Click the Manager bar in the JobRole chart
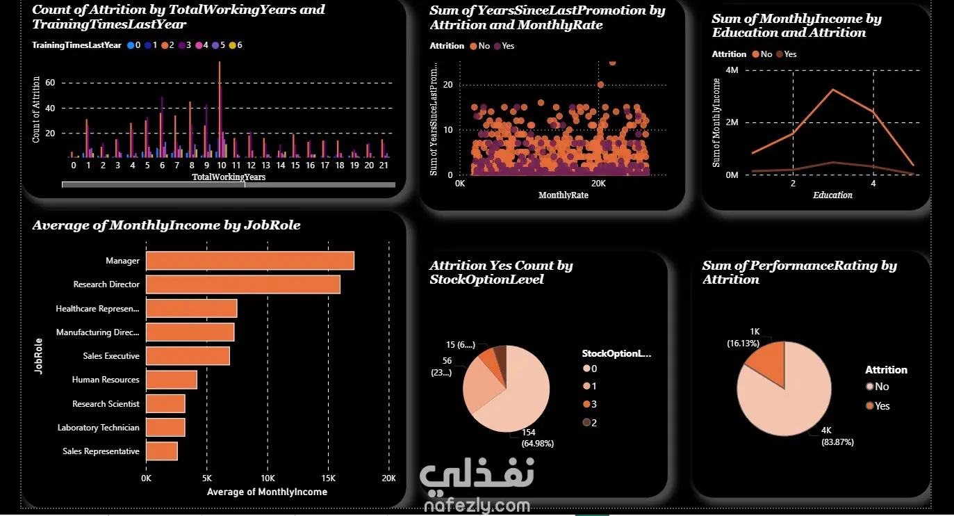[249, 261]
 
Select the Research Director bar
[242, 284]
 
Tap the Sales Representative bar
[161, 451]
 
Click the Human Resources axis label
[106, 380]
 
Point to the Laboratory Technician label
[98, 428]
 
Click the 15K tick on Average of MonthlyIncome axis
[329, 478]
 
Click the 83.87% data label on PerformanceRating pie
[837, 437]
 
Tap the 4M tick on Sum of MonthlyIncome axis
[731, 70]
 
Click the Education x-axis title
[832, 195]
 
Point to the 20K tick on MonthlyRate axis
[598, 184]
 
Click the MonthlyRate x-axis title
[564, 195]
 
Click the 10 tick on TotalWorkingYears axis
[222, 166]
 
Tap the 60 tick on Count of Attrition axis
[49, 83]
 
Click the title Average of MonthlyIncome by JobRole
[167, 225]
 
